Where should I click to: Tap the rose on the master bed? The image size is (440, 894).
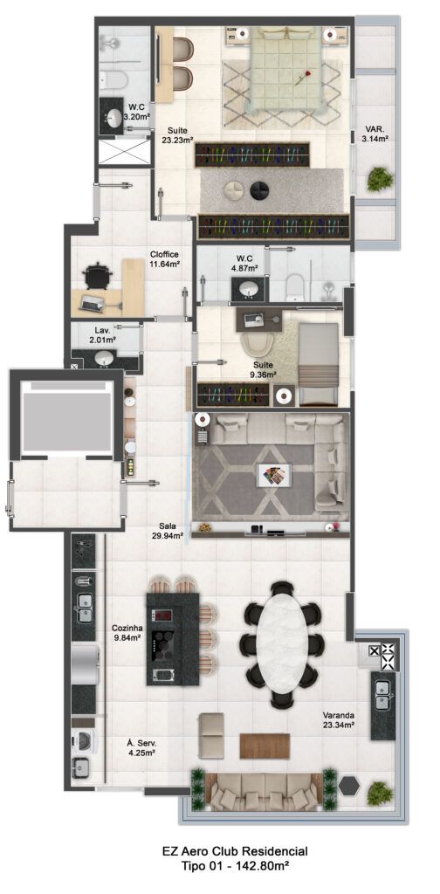(x=303, y=78)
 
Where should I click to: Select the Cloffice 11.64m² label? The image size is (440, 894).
(x=165, y=259)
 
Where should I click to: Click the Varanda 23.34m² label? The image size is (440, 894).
(x=339, y=720)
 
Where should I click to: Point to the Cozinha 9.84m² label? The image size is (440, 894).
(x=127, y=633)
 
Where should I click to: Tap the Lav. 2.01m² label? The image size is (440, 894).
(x=106, y=335)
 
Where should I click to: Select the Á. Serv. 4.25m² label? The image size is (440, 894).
(x=141, y=747)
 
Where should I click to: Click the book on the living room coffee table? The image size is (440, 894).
(x=274, y=474)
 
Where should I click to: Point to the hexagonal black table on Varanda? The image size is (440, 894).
(x=349, y=786)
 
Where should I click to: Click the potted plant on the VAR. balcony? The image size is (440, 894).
(x=380, y=178)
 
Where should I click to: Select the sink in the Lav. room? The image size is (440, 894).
(x=104, y=358)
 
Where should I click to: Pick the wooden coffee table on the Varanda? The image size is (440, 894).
(x=265, y=746)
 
